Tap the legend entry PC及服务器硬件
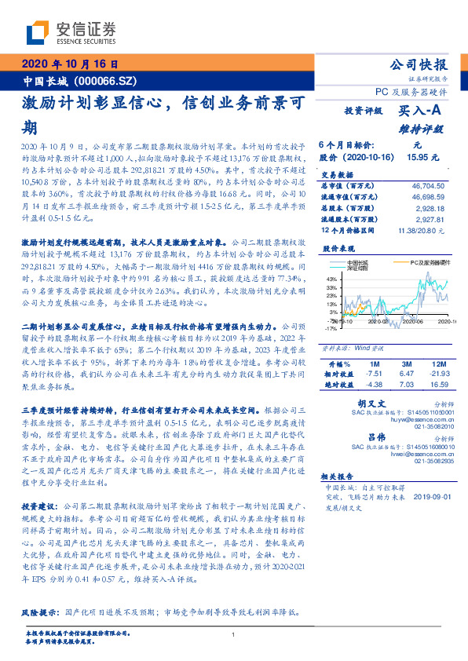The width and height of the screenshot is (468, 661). [432, 263]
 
